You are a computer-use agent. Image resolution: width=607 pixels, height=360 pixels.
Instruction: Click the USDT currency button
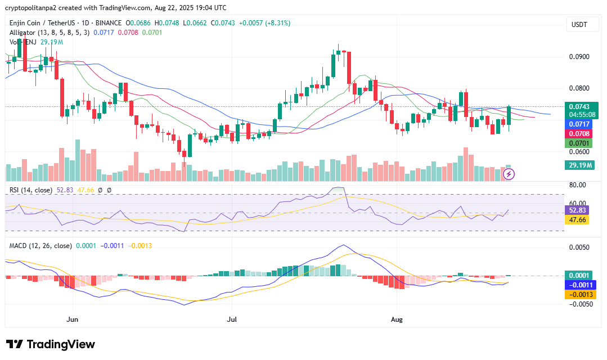tap(579, 25)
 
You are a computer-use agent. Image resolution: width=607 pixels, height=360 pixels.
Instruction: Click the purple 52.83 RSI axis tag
tap(577, 210)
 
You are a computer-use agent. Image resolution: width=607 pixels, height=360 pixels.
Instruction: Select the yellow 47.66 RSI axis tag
tap(577, 220)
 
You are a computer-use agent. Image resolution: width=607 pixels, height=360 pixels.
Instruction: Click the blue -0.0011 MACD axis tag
tap(579, 285)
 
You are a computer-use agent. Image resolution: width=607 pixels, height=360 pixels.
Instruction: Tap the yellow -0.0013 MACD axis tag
tap(579, 295)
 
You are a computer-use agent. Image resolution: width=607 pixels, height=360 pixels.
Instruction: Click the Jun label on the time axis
tap(73, 318)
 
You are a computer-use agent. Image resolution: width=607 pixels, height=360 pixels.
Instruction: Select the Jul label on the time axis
tap(231, 318)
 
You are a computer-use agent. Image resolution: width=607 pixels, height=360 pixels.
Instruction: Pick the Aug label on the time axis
tap(397, 318)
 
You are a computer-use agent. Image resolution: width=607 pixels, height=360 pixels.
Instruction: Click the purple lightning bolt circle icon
tap(509, 174)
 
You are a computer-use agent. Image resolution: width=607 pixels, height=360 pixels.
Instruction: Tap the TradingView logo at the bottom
tap(51, 344)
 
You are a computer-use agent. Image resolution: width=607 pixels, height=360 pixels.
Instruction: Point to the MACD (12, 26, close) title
tap(40, 246)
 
